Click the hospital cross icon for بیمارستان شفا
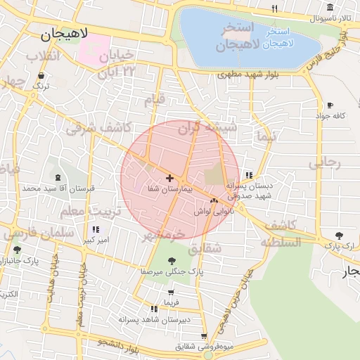click(x=169, y=179)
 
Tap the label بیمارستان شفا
click(x=169, y=189)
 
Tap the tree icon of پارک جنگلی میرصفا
click(x=172, y=261)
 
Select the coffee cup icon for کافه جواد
click(x=330, y=105)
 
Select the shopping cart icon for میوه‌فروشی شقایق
click(x=204, y=336)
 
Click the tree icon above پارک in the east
click(x=340, y=235)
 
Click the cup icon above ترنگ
click(x=41, y=75)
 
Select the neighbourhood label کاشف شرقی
click(x=94, y=127)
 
